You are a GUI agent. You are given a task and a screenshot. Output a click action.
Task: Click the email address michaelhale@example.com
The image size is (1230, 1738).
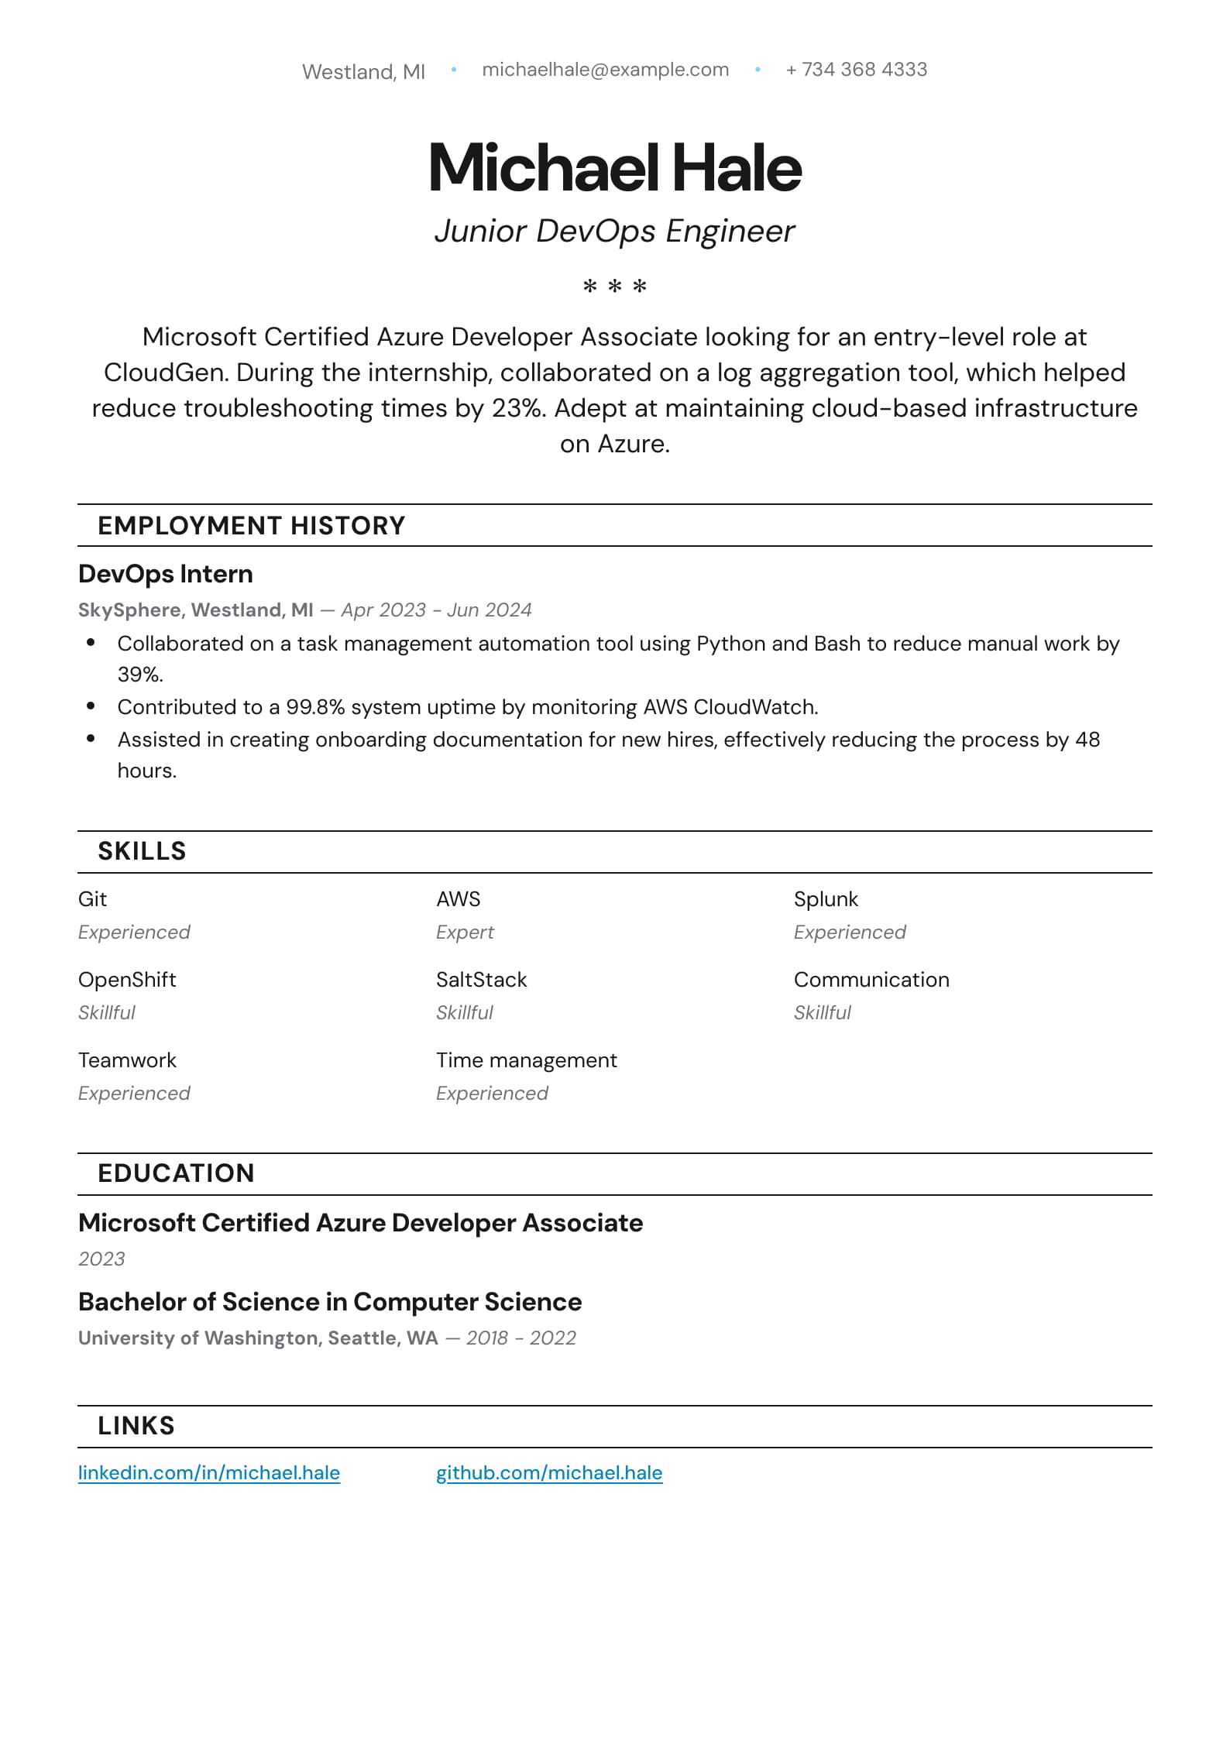tap(605, 70)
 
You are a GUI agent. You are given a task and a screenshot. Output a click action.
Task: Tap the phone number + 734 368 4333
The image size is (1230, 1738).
tap(856, 70)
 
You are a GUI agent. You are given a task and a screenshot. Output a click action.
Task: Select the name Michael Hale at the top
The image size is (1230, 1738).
tap(615, 167)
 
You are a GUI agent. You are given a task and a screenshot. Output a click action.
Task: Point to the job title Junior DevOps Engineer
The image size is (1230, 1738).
tap(614, 231)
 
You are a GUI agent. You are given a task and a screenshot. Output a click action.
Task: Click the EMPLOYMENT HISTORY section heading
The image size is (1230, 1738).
tap(251, 526)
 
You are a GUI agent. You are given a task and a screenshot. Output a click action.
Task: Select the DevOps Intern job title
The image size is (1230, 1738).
tap(166, 574)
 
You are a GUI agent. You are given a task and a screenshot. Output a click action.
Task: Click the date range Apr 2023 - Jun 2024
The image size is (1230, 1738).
tap(436, 610)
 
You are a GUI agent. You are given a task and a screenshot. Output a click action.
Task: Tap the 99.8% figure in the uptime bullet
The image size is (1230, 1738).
tap(315, 707)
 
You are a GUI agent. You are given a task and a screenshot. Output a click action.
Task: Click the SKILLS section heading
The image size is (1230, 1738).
tap(142, 851)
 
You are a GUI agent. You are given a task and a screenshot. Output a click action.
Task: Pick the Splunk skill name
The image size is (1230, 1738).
tap(826, 899)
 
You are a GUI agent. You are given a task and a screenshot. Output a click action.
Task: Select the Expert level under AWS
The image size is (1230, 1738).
tap(465, 933)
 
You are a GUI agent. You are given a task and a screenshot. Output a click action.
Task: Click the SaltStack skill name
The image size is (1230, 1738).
tap(481, 980)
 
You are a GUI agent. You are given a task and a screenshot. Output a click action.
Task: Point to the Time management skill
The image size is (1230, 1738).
tap(527, 1060)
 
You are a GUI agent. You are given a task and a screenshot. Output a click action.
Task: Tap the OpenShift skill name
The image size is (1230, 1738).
tap(127, 980)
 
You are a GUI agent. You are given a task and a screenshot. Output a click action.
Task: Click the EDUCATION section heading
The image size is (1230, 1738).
tap(176, 1173)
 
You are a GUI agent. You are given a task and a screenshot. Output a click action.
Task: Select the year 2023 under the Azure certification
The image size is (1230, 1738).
tap(101, 1259)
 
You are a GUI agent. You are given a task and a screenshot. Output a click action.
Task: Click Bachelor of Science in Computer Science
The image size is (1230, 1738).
tap(330, 1302)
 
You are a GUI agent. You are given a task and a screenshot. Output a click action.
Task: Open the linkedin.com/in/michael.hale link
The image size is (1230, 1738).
tap(209, 1473)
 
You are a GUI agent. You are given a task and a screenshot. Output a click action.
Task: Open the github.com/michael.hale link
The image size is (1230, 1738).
tap(549, 1473)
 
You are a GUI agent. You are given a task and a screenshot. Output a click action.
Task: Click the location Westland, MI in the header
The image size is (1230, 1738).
tap(363, 72)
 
